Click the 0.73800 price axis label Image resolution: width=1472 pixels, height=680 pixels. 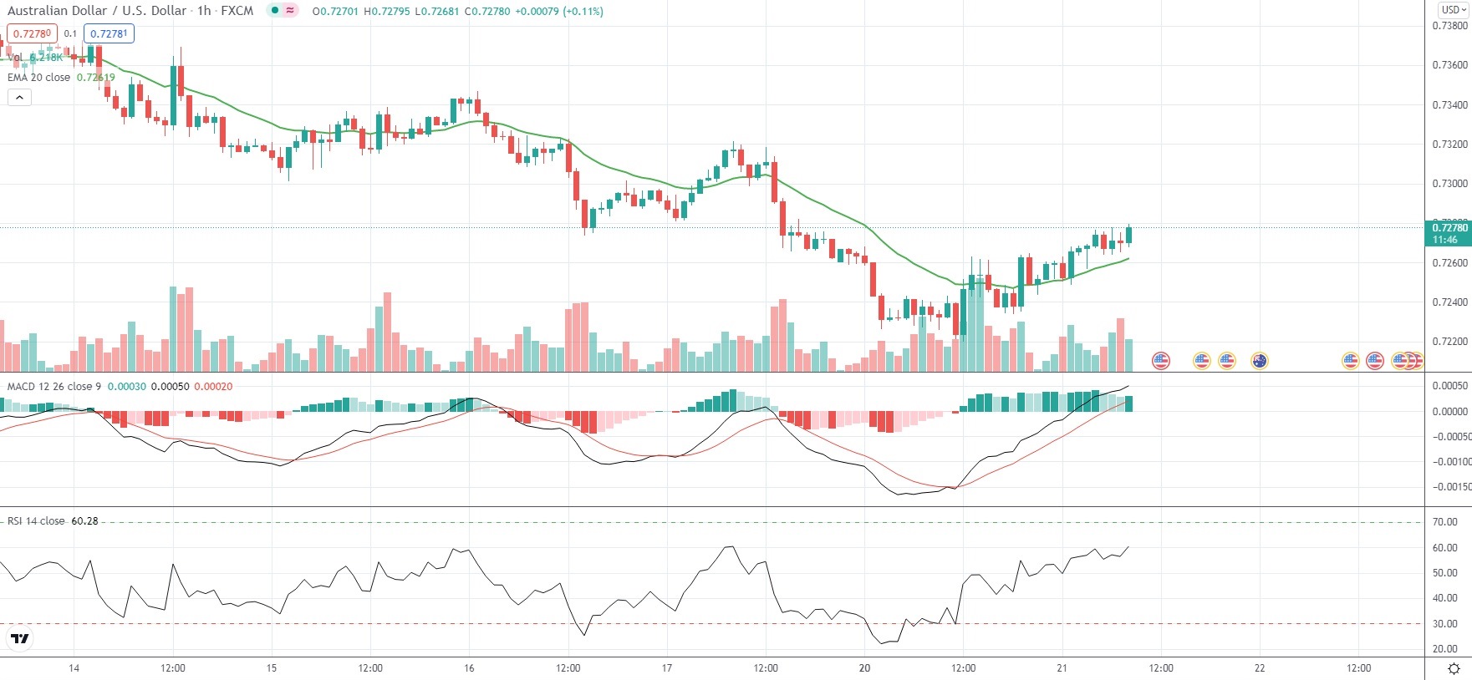pyautogui.click(x=1449, y=26)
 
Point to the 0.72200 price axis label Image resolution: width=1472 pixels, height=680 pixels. pyautogui.click(x=1449, y=342)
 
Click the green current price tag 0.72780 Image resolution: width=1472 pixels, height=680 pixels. pyautogui.click(x=1449, y=228)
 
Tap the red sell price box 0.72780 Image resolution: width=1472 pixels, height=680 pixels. pyautogui.click(x=32, y=33)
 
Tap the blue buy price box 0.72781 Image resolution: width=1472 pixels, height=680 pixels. pyautogui.click(x=109, y=33)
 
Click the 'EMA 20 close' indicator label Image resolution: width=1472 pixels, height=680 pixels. pyautogui.click(x=38, y=78)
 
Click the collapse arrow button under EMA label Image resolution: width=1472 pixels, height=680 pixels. pyautogui.click(x=19, y=98)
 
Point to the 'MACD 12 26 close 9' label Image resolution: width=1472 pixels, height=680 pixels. pyautogui.click(x=53, y=387)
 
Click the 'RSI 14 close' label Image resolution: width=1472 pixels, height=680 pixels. pyautogui.click(x=36, y=521)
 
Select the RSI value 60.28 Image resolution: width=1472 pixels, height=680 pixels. pyautogui.click(x=84, y=521)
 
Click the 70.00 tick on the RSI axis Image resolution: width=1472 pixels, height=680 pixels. pyautogui.click(x=1444, y=522)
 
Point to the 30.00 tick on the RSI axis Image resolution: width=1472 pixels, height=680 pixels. pyautogui.click(x=1444, y=624)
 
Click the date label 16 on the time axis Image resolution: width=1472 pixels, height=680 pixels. pyautogui.click(x=469, y=668)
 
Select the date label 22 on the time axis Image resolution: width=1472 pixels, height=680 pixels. pyautogui.click(x=1260, y=668)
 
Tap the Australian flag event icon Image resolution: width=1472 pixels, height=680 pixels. pyautogui.click(x=1259, y=361)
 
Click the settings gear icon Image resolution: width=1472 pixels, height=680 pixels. pyautogui.click(x=1454, y=668)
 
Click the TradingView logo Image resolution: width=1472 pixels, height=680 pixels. pyautogui.click(x=20, y=639)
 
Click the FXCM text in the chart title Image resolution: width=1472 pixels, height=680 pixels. pyautogui.click(x=237, y=11)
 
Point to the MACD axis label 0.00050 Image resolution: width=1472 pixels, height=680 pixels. pyautogui.click(x=1449, y=386)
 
